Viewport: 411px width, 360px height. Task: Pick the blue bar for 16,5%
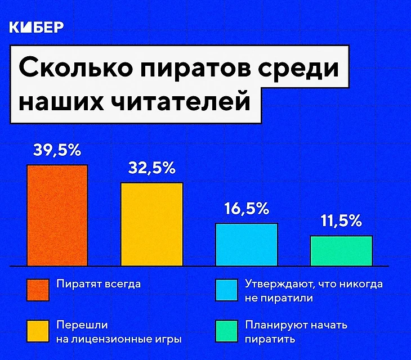click(247, 244)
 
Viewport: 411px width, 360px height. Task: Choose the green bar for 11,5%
click(341, 250)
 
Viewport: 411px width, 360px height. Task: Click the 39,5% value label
click(57, 151)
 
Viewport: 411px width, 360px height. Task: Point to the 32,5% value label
click(152, 168)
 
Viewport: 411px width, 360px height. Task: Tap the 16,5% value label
click(247, 209)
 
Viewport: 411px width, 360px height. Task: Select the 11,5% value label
click(341, 221)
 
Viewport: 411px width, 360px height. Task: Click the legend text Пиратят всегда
click(99, 284)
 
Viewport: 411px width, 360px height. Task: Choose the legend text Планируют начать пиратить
click(296, 332)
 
